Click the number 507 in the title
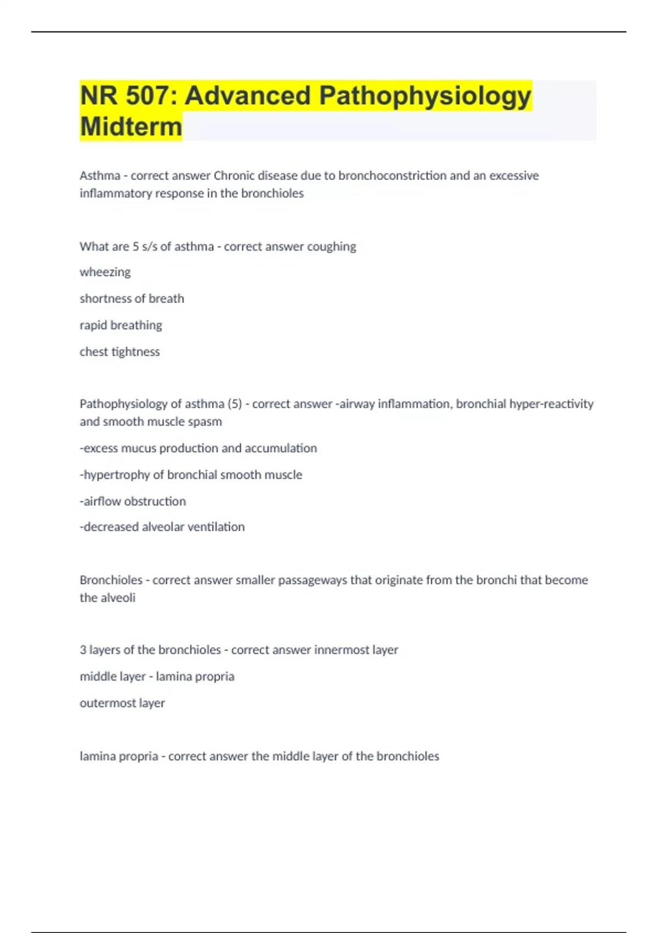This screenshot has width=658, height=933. [148, 96]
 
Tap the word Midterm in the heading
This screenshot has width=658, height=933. [131, 127]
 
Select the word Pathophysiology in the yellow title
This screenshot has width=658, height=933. [425, 96]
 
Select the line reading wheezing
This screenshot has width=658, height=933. [105, 272]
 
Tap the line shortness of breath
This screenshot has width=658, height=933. [132, 299]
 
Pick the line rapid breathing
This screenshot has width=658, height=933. [121, 325]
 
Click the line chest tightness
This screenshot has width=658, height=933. [120, 352]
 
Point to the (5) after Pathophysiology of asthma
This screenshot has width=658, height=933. [234, 404]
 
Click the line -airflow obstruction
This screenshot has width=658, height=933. [133, 501]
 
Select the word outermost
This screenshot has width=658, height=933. [108, 703]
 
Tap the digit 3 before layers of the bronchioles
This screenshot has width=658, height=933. [83, 650]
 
